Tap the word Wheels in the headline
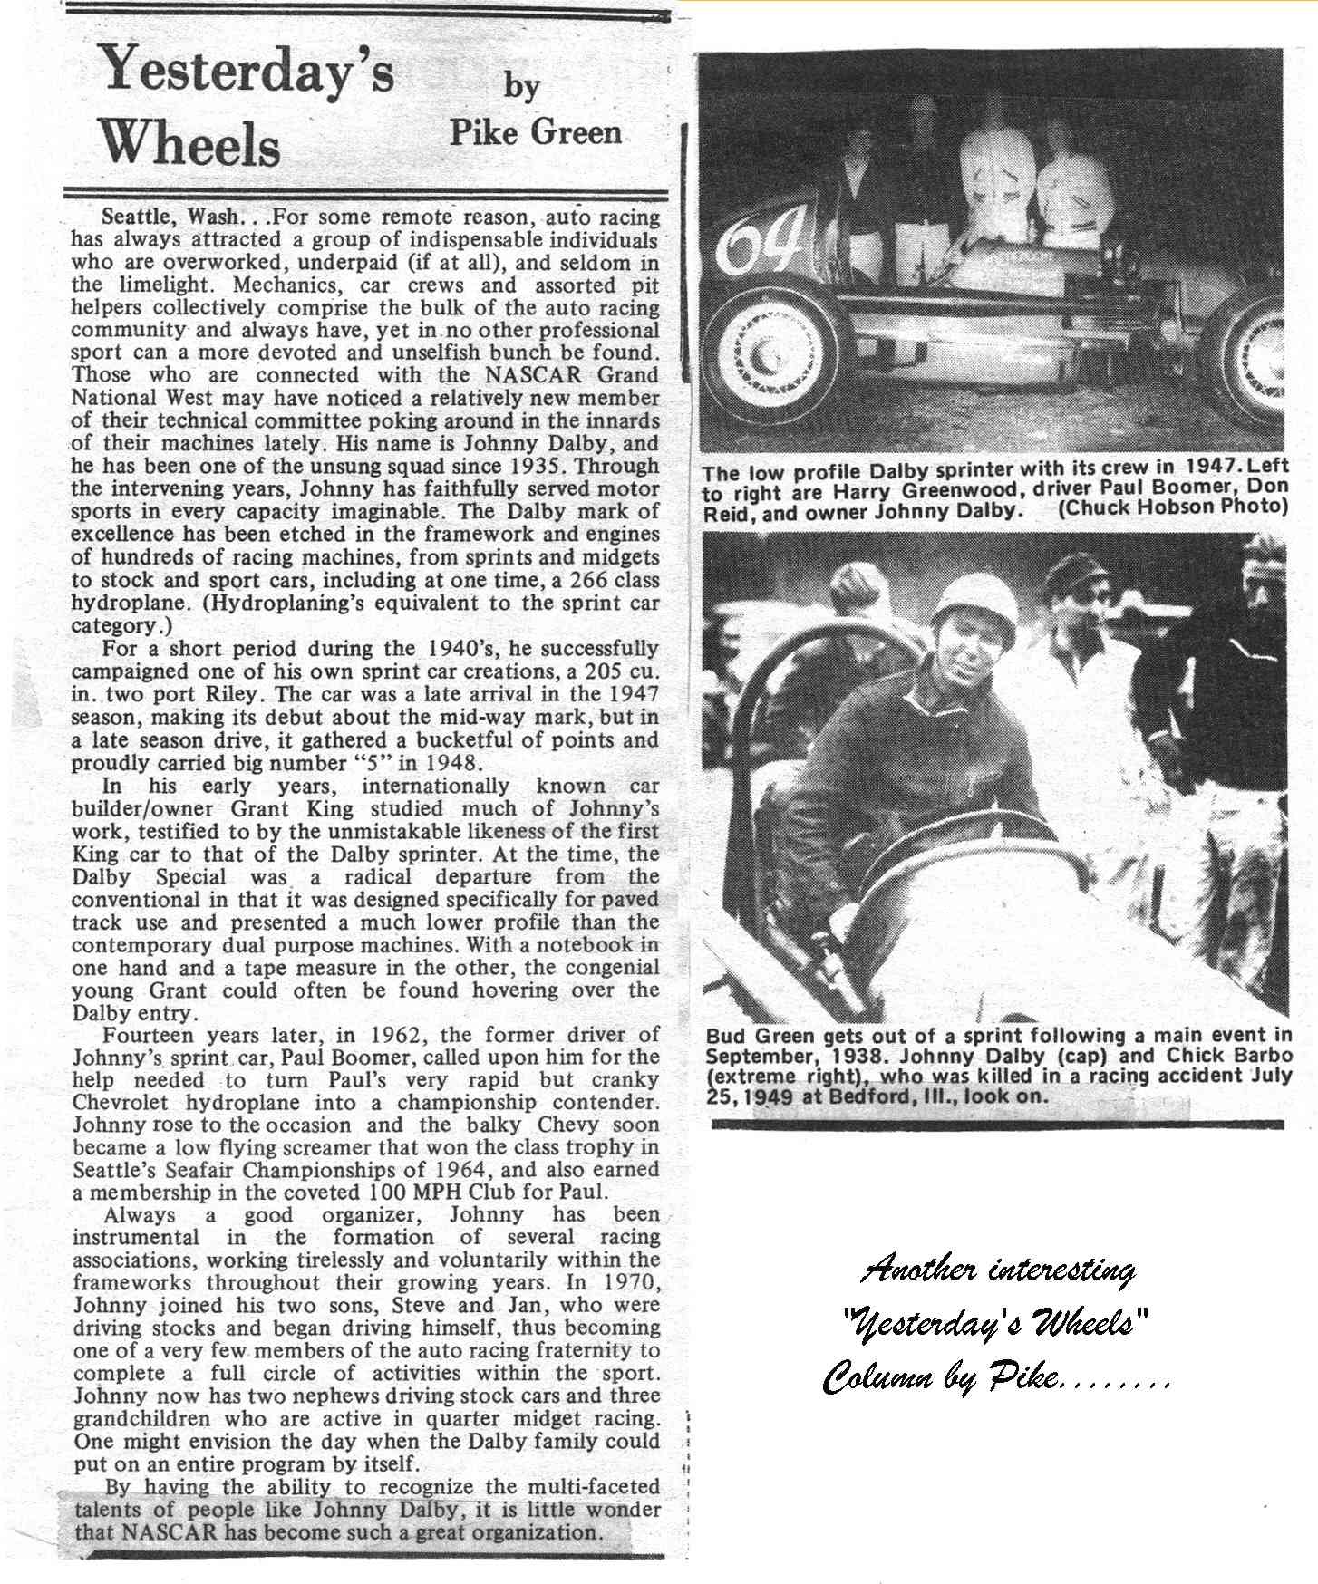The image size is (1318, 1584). point(189,142)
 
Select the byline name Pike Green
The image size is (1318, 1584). point(536,132)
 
